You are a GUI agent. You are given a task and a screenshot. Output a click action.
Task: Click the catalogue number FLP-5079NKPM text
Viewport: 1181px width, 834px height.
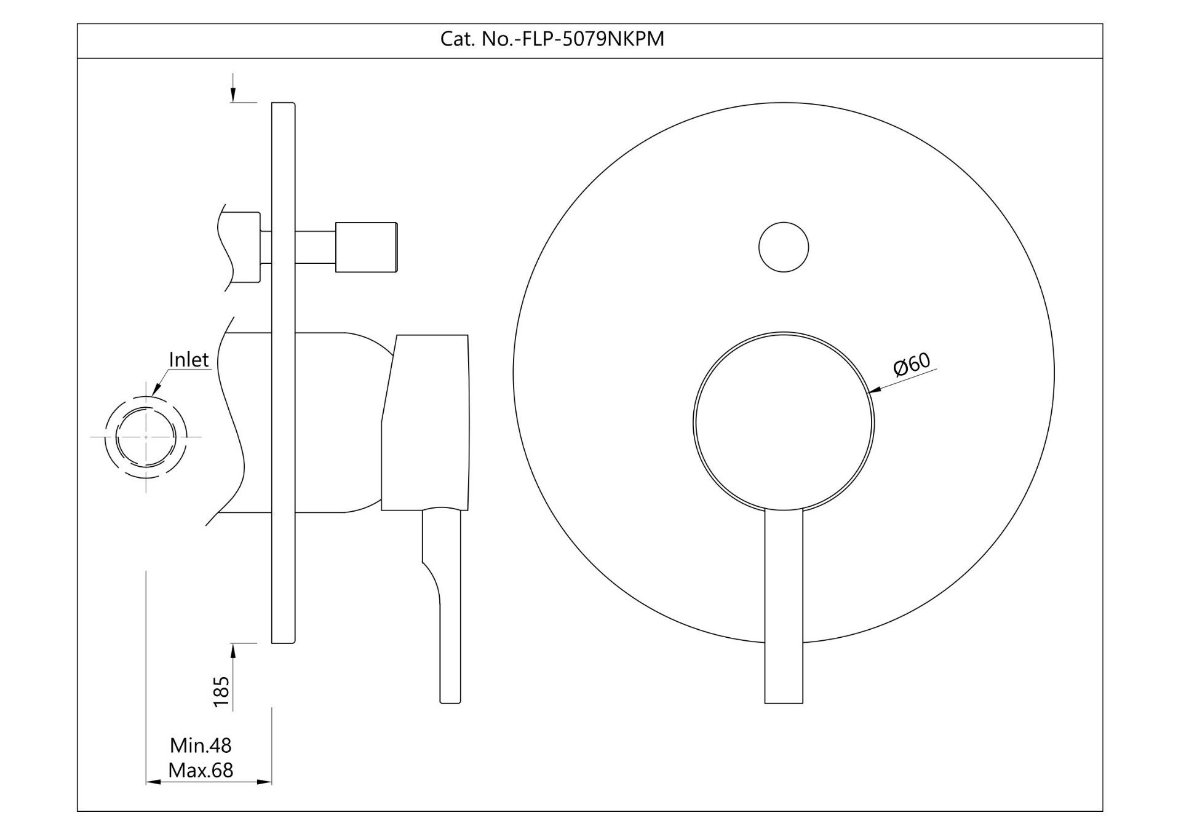pyautogui.click(x=552, y=39)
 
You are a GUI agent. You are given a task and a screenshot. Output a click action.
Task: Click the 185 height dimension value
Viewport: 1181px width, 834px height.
pyautogui.click(x=221, y=691)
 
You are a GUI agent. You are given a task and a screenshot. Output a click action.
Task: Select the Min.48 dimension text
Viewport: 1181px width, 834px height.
pyautogui.click(x=201, y=745)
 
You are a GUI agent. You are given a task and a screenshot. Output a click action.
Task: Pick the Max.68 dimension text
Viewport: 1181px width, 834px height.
pyautogui.click(x=201, y=770)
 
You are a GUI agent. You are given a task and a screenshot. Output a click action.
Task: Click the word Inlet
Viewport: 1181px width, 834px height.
pyautogui.click(x=189, y=360)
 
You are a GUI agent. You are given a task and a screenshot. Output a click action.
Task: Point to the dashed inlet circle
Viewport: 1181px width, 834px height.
pyautogui.click(x=146, y=437)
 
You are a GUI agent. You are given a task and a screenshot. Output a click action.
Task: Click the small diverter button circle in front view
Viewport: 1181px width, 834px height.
pyautogui.click(x=784, y=247)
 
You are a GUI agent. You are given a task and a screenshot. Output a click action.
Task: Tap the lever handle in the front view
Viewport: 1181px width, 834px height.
pyautogui.click(x=784, y=606)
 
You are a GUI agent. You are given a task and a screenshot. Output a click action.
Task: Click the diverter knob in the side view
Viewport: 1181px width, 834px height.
pyautogui.click(x=366, y=247)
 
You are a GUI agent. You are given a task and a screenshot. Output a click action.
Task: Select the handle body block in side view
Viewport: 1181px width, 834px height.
pyautogui.click(x=425, y=423)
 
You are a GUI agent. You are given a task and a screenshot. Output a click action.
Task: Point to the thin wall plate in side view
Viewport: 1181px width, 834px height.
pyautogui.click(x=284, y=373)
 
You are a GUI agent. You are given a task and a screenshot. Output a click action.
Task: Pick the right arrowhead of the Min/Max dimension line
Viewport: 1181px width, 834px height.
pyautogui.click(x=264, y=782)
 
